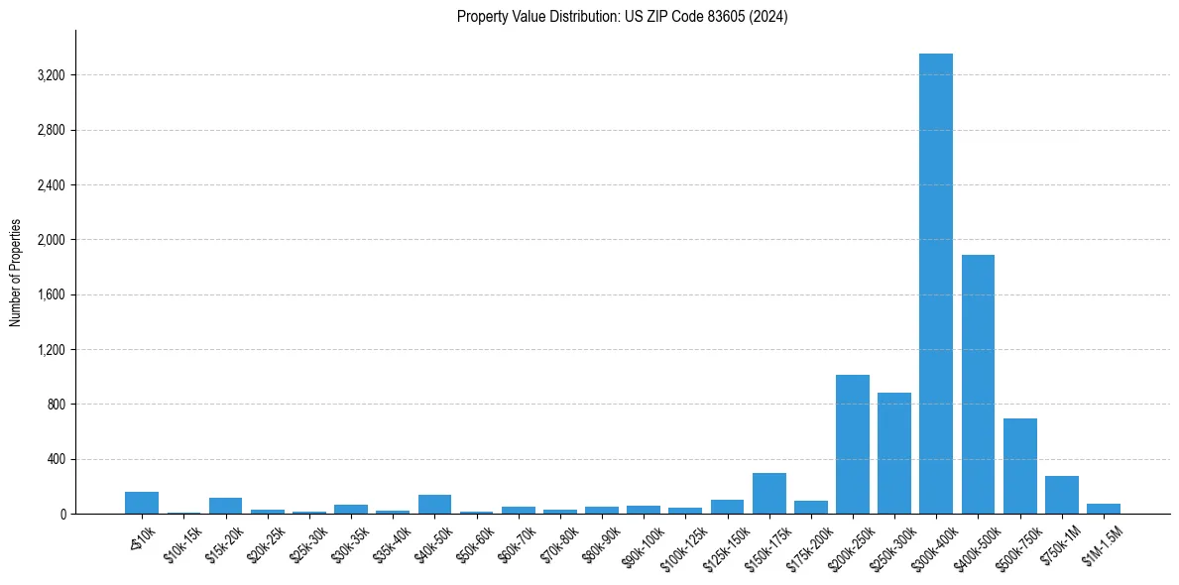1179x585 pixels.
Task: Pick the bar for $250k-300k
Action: pyautogui.click(x=893, y=453)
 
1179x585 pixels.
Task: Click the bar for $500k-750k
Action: pyautogui.click(x=1019, y=466)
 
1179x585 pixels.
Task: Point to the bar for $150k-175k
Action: pyautogui.click(x=768, y=494)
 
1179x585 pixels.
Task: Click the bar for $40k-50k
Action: pyautogui.click(x=434, y=504)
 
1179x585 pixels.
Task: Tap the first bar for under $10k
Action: pyautogui.click(x=142, y=503)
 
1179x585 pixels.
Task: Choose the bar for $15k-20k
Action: pyautogui.click(x=225, y=506)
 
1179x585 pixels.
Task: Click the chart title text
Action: pyautogui.click(x=622, y=17)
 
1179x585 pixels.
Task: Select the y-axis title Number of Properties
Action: pyautogui.click(x=16, y=273)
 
